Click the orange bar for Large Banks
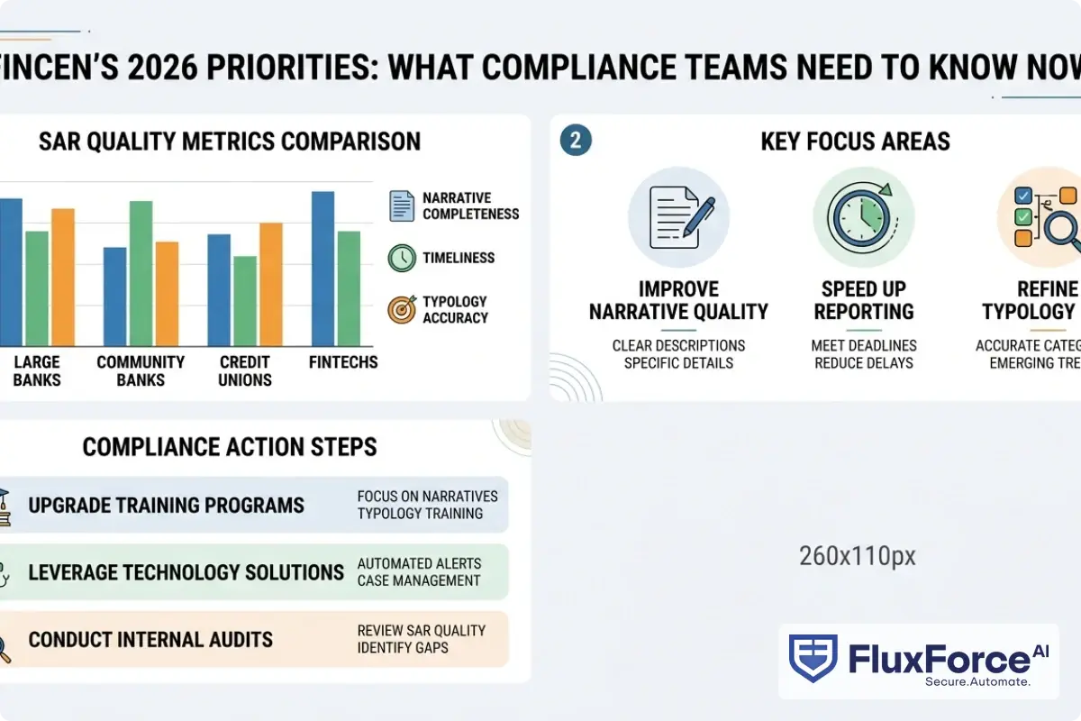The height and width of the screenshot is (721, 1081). (62, 277)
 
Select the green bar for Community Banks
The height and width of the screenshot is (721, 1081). (141, 273)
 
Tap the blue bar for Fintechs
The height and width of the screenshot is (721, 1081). (322, 269)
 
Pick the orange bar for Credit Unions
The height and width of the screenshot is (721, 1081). (270, 284)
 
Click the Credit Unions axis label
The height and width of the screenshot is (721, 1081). (245, 370)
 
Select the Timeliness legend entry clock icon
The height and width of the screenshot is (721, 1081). (402, 258)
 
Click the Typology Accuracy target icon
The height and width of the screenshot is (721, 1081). (402, 309)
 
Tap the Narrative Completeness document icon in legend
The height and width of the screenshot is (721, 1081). (402, 205)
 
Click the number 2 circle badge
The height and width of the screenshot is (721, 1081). (576, 141)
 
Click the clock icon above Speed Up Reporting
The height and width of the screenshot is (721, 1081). (863, 216)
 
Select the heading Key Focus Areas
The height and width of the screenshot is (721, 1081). (855, 141)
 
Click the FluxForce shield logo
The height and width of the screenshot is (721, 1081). (813, 659)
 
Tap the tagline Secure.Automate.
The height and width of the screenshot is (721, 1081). (977, 682)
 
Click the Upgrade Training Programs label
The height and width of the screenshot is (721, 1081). (167, 505)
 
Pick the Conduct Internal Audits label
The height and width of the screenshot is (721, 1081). (150, 640)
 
